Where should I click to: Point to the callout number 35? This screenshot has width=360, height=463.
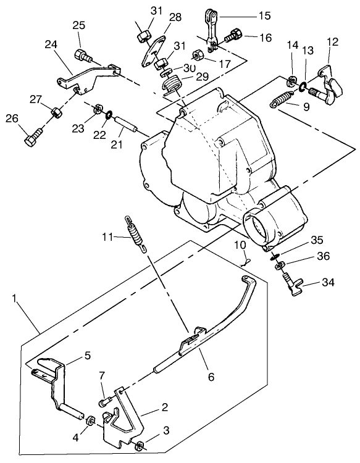coord(317,240)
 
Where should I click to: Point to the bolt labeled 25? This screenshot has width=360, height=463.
coord(83,55)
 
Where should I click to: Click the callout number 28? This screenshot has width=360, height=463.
coord(175,17)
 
